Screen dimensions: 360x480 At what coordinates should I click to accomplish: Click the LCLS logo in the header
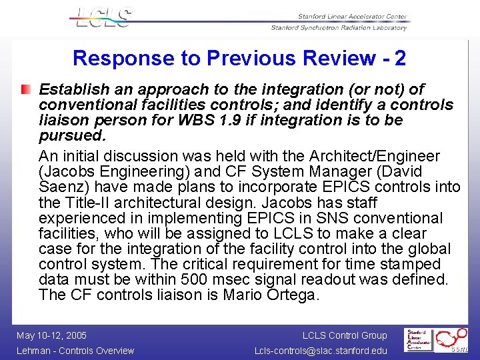click(x=103, y=17)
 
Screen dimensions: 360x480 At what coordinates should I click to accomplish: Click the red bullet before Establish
click(x=25, y=89)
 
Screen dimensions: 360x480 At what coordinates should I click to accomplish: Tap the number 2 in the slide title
click(x=400, y=59)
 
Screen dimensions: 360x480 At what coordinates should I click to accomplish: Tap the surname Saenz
click(x=61, y=187)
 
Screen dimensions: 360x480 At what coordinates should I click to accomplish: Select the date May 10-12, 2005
click(x=51, y=335)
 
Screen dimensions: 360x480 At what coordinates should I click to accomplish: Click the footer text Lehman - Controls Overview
click(x=75, y=351)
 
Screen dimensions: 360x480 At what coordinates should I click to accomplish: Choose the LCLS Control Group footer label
click(x=345, y=335)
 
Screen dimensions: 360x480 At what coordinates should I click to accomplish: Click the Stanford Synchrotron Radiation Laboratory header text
click(x=339, y=28)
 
